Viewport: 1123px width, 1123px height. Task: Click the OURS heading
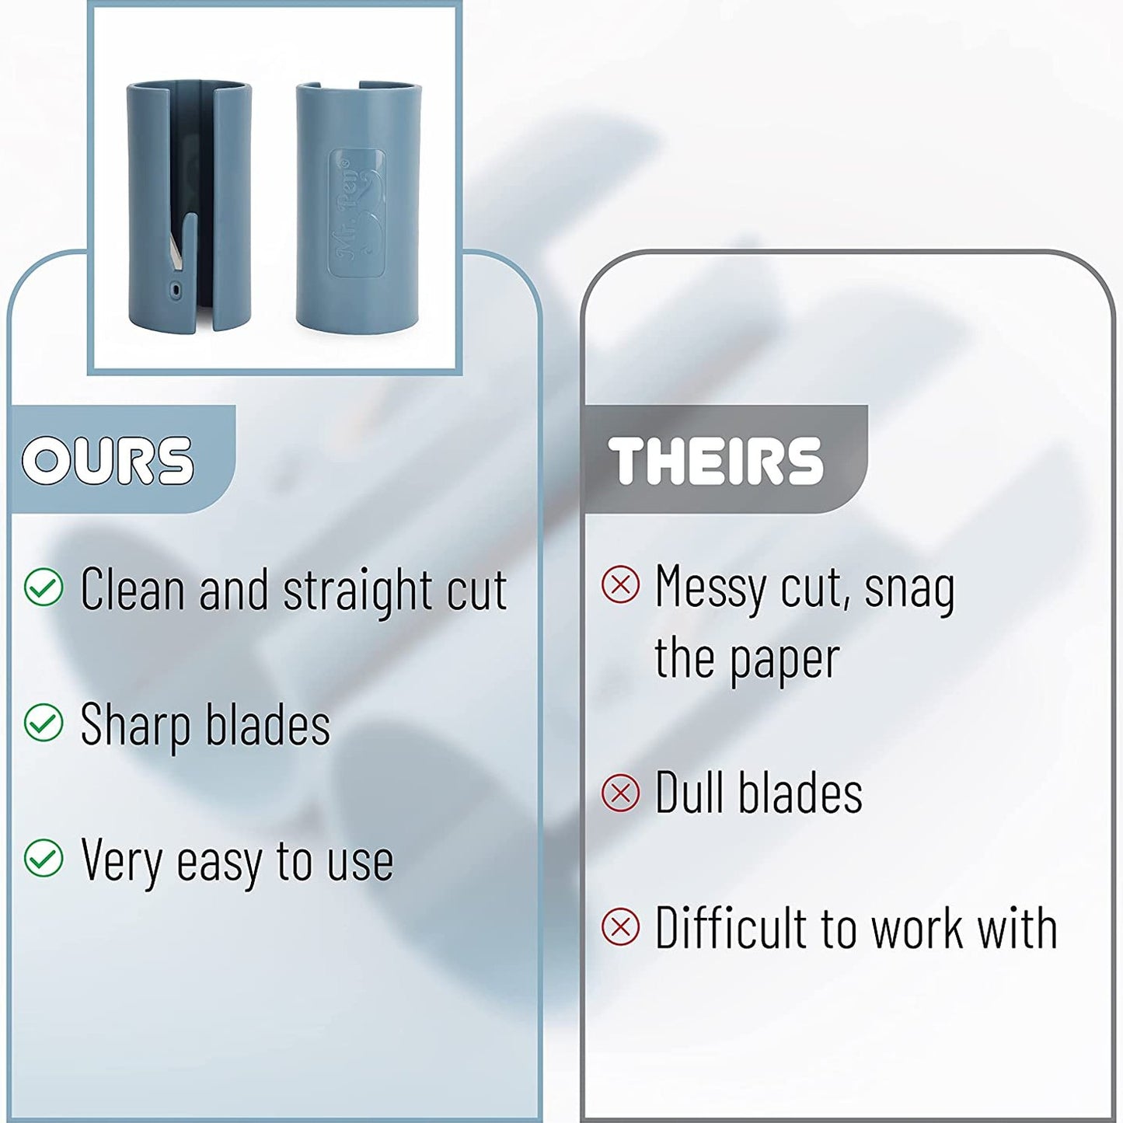[x=107, y=460]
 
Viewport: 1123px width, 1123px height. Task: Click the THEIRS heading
[x=716, y=460]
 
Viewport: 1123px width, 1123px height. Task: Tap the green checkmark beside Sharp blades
[x=43, y=723]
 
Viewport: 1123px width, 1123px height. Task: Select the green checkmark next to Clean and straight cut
[x=43, y=587]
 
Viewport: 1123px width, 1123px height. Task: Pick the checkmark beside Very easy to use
[x=43, y=859]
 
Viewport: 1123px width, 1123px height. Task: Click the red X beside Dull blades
[x=621, y=793]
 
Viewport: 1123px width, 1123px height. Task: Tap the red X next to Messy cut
[x=621, y=584]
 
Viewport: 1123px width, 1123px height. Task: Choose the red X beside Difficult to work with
[x=621, y=927]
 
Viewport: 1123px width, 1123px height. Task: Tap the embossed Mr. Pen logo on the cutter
[x=357, y=212]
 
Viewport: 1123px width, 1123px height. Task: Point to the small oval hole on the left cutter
[x=176, y=288]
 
